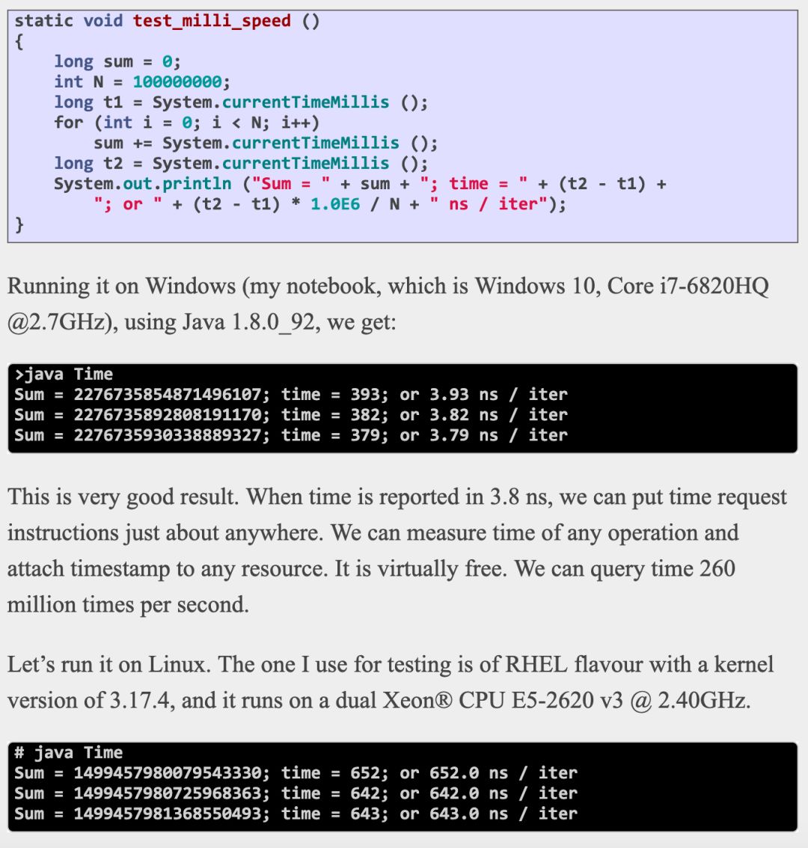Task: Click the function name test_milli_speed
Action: coord(212,21)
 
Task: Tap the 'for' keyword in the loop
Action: coord(69,123)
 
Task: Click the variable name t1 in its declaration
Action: coord(113,102)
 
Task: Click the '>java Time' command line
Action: coord(64,375)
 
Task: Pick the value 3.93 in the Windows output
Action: coord(449,395)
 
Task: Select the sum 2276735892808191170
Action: coord(171,415)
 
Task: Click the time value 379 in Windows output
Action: coord(366,435)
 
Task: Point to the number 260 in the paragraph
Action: coord(717,569)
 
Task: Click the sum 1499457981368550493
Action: coord(171,814)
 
